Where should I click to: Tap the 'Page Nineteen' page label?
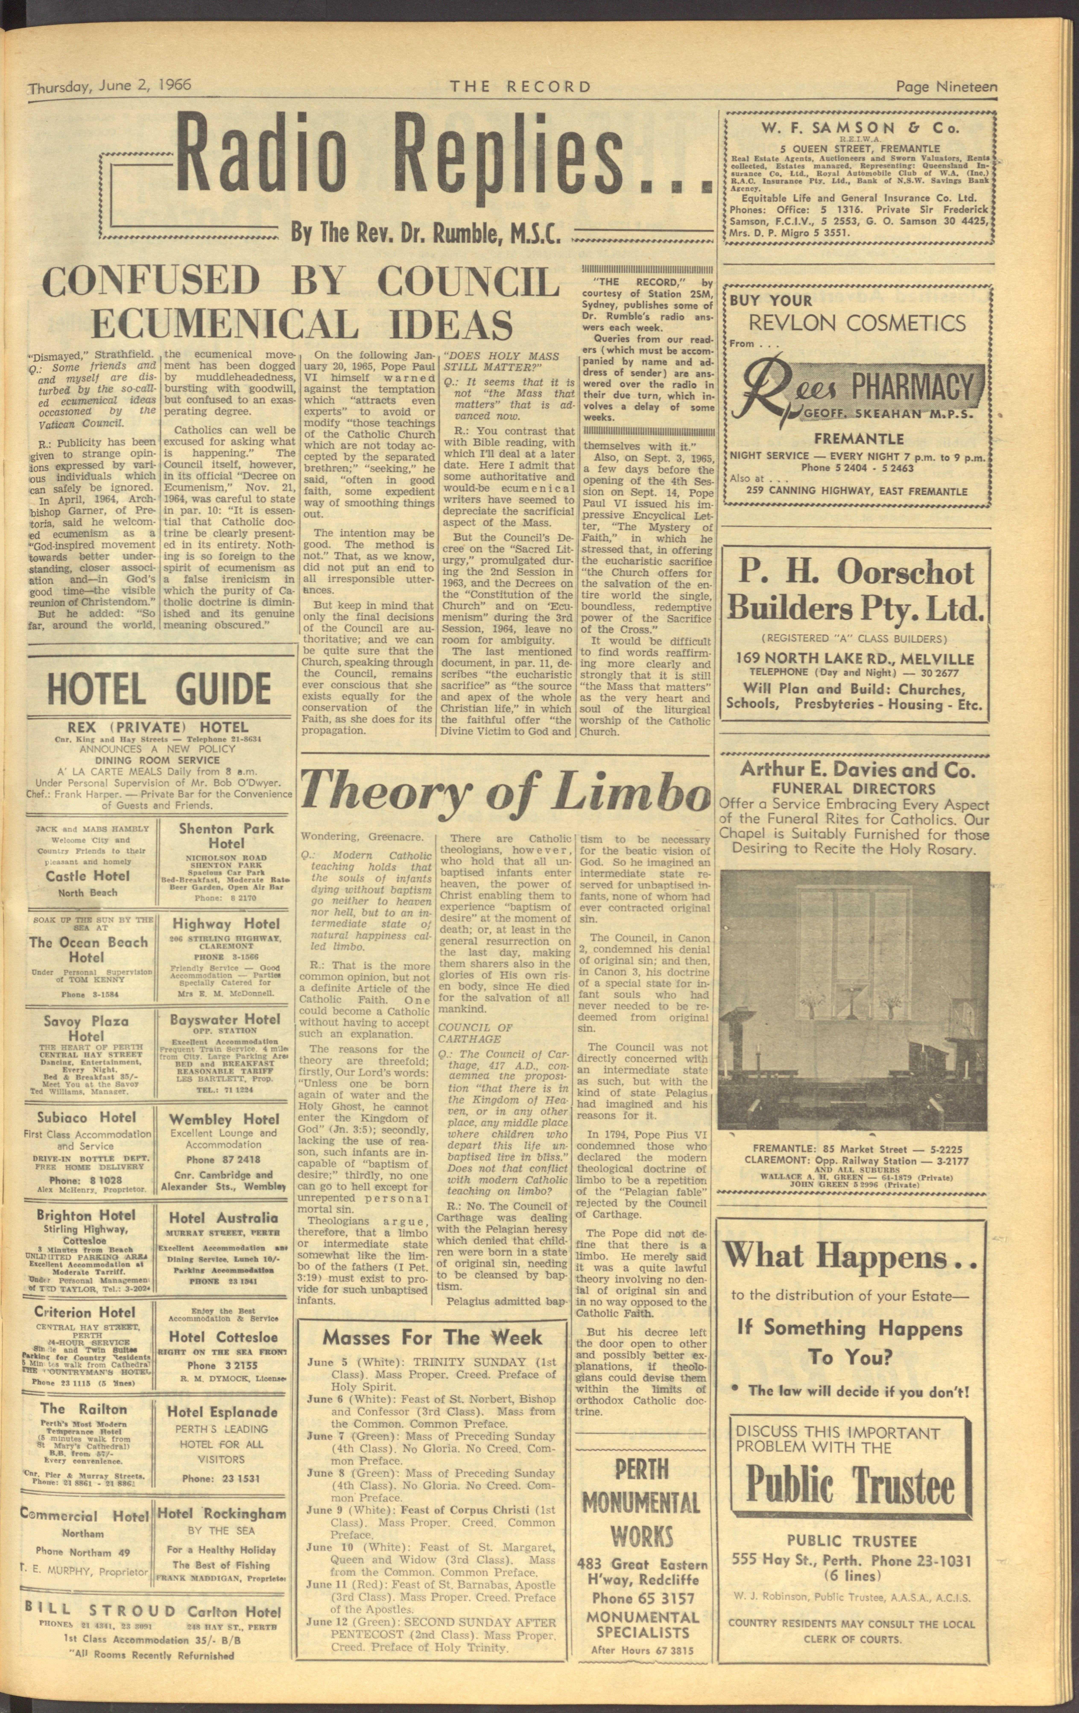click(x=946, y=87)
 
